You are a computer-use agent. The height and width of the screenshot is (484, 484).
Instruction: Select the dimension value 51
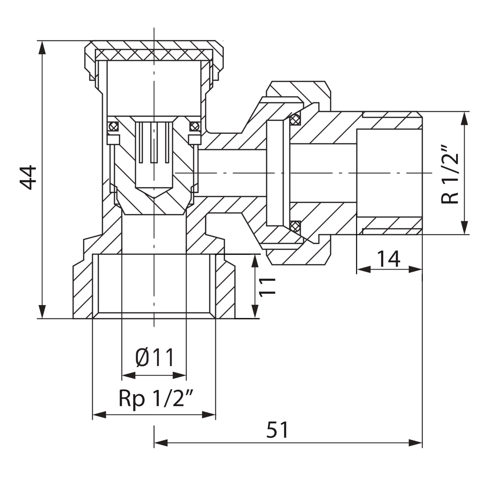[x=277, y=430]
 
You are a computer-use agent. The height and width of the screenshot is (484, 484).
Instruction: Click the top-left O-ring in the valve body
[x=112, y=126]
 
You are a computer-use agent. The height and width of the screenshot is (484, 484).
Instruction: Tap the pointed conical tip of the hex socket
[x=154, y=197]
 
